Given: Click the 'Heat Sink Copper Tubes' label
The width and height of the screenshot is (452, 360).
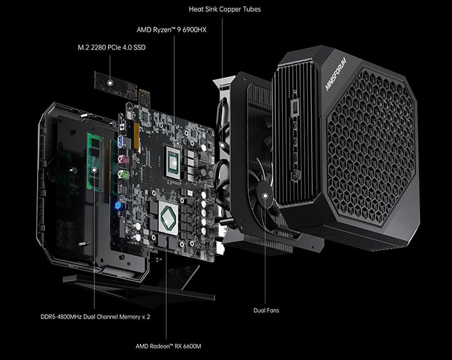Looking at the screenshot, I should click(224, 10).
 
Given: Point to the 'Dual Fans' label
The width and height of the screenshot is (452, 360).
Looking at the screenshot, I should click(266, 311).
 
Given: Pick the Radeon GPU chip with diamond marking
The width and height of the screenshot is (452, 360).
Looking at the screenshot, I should click(167, 216).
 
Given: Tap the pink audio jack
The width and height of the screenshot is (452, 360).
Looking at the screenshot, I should click(124, 159).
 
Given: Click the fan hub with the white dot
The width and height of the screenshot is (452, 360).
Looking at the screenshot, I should click(264, 192).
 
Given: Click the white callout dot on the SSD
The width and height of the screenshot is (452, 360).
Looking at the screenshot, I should click(110, 83).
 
